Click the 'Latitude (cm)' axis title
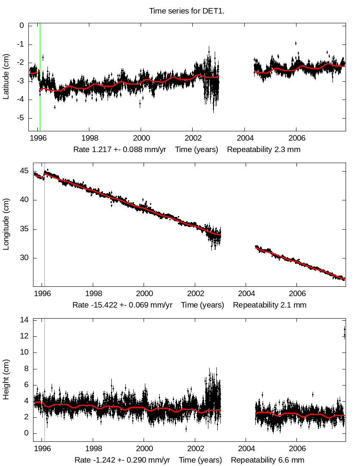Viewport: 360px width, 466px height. [x=6, y=77]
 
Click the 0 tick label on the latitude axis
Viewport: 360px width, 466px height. [x=22, y=25]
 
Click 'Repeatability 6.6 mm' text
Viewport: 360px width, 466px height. [x=268, y=460]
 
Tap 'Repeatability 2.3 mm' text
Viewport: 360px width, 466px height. [x=263, y=150]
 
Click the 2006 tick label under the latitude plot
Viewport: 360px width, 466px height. [x=296, y=139]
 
